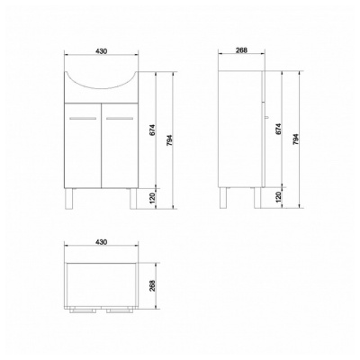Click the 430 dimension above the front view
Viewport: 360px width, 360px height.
[102, 51]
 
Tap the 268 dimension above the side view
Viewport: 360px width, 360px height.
[241, 50]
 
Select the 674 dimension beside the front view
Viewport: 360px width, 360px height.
[152, 130]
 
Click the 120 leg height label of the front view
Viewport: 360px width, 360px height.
[152, 198]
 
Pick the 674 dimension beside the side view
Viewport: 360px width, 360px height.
[278, 129]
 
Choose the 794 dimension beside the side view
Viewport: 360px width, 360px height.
[295, 139]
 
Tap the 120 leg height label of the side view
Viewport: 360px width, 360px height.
[278, 197]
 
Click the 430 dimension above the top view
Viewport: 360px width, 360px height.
[102, 242]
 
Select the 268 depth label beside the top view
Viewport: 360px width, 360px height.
[152, 285]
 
